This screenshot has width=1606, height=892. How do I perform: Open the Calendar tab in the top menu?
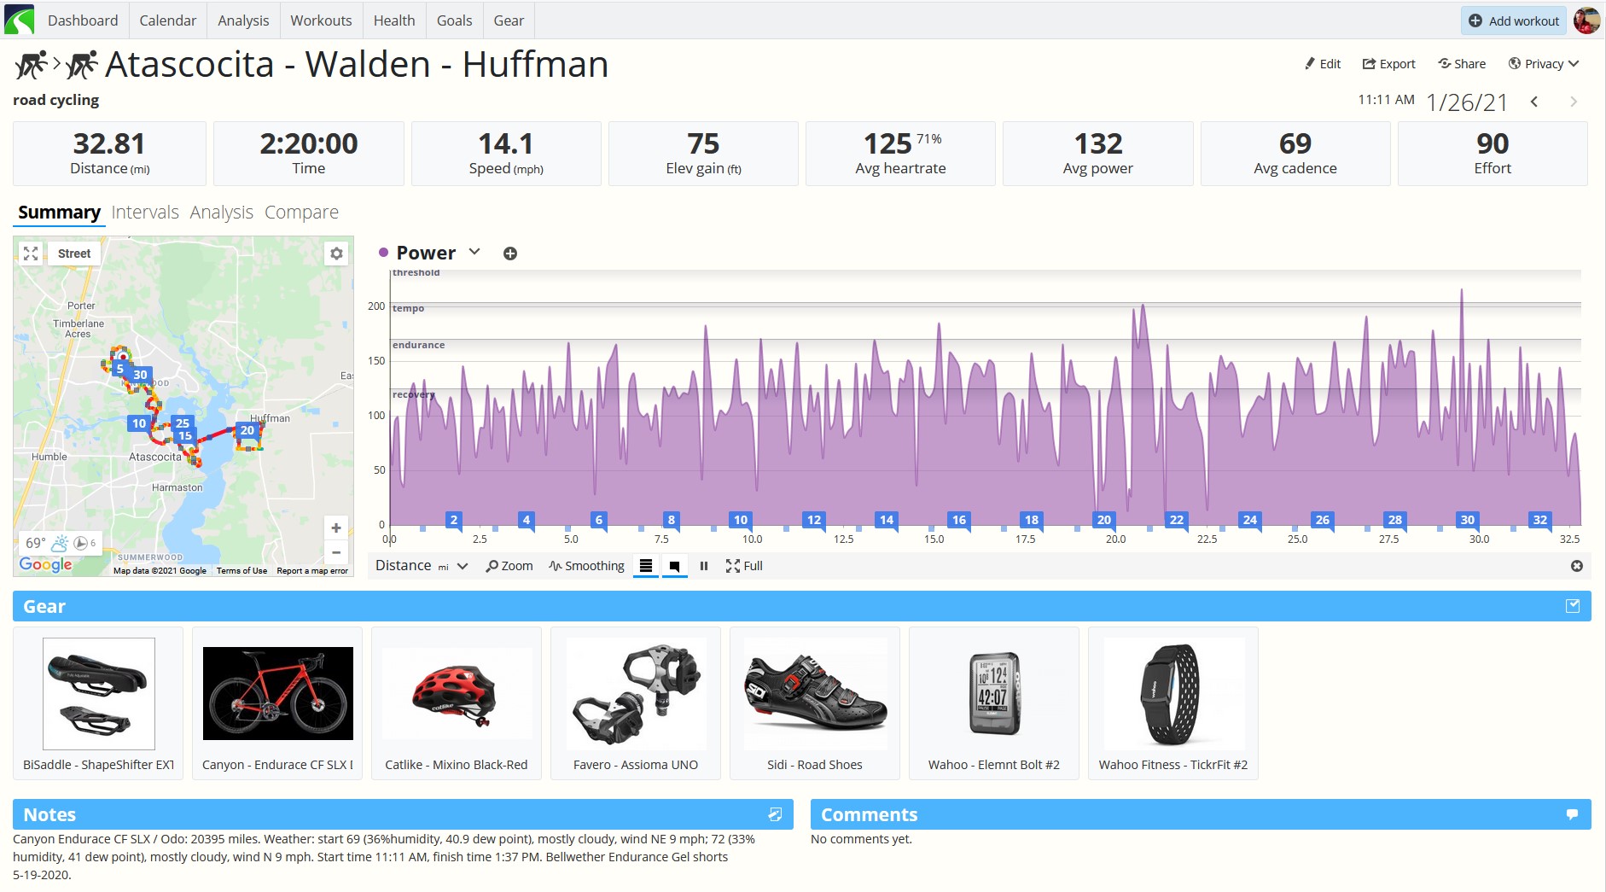(x=167, y=20)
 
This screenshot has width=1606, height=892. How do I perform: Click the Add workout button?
(x=1514, y=20)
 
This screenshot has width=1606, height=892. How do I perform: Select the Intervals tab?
(x=145, y=212)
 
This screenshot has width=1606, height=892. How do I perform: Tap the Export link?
(x=1388, y=64)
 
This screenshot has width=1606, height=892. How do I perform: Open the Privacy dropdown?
(x=1543, y=64)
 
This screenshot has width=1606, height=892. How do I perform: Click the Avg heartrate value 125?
(x=887, y=143)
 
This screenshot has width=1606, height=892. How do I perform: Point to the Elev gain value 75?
(x=703, y=143)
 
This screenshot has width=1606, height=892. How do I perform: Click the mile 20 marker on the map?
(x=247, y=430)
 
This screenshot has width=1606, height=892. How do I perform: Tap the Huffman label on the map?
(x=271, y=418)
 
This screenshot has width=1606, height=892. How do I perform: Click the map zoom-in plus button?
(x=336, y=528)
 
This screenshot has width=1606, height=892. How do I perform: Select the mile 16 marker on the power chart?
(x=959, y=520)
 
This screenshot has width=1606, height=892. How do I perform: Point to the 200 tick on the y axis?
(x=376, y=306)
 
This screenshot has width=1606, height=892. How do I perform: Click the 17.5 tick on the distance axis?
(x=1025, y=539)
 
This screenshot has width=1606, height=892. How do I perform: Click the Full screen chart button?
(x=744, y=566)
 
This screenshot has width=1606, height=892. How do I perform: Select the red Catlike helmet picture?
(x=456, y=693)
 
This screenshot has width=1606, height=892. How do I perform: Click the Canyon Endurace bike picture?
(x=278, y=693)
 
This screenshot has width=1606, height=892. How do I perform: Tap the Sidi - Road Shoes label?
(x=814, y=765)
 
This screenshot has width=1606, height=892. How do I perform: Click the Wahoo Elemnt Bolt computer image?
(x=995, y=693)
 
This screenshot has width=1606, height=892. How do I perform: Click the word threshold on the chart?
(x=416, y=273)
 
